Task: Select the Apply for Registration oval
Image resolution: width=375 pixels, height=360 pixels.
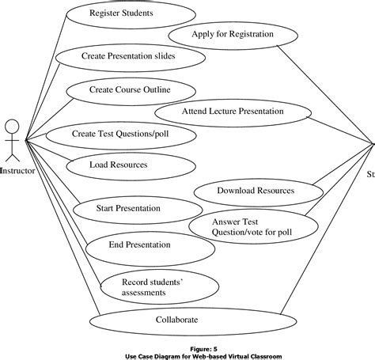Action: tap(233, 35)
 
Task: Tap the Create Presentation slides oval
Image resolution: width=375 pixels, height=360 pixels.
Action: tap(128, 56)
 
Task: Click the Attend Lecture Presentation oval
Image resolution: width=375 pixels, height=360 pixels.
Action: tap(232, 112)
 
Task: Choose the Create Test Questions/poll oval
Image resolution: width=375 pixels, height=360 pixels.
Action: tap(120, 134)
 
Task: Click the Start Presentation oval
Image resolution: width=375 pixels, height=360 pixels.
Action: tap(128, 209)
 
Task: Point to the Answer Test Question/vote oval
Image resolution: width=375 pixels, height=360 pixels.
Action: tap(245, 226)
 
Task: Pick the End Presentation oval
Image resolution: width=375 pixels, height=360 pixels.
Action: tap(139, 245)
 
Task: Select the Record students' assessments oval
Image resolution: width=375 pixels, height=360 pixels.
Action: tap(145, 286)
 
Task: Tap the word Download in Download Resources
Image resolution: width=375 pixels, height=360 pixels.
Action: tap(235, 191)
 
